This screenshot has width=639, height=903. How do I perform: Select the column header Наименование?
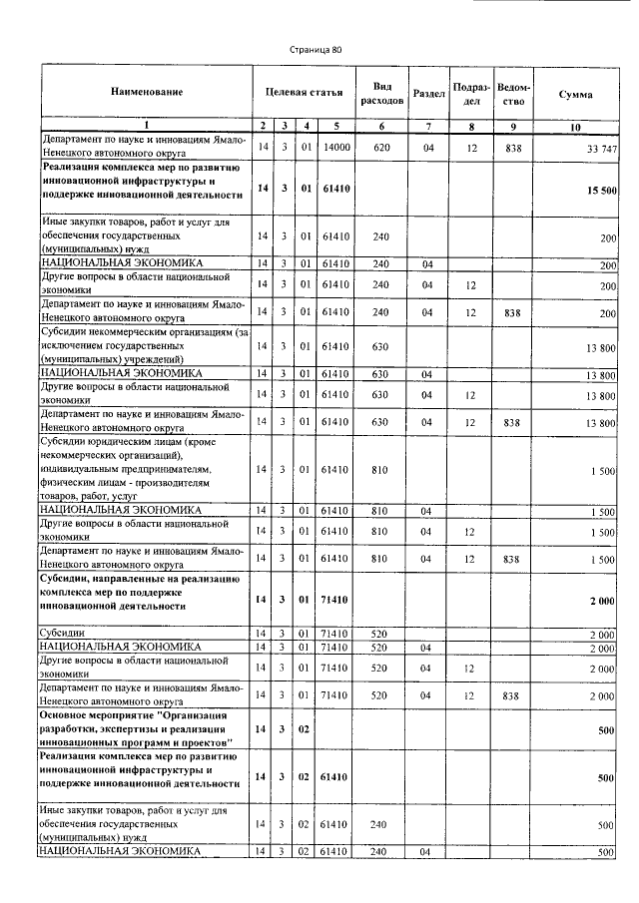click(x=147, y=93)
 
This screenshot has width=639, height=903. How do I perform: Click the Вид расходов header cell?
click(x=380, y=93)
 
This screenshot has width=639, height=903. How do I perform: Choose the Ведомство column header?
click(x=513, y=93)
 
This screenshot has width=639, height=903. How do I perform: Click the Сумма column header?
click(x=575, y=93)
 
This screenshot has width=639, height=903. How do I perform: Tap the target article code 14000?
click(x=335, y=147)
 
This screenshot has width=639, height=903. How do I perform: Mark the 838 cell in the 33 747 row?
click(x=513, y=147)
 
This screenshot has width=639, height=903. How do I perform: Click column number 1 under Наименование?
click(x=146, y=126)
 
